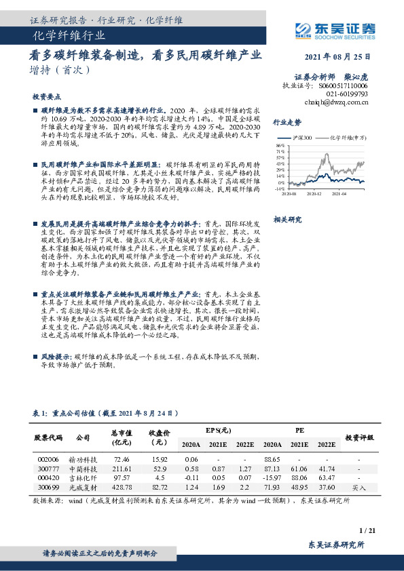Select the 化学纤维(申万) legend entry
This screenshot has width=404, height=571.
pyautogui.click(x=347, y=138)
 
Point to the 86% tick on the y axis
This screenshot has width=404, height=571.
pyautogui.click(x=280, y=145)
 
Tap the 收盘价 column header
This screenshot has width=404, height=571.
pyautogui.click(x=160, y=436)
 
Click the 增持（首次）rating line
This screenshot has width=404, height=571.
pyautogui.click(x=60, y=70)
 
